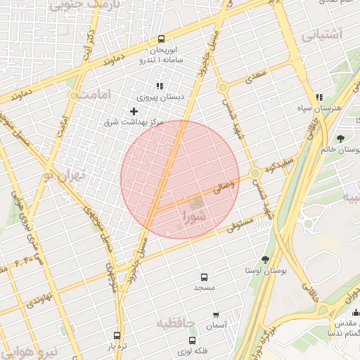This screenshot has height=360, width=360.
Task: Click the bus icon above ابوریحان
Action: (x=161, y=39)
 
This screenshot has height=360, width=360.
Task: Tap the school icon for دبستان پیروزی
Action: (x=160, y=86)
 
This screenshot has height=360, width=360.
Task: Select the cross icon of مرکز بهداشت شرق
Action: (x=134, y=111)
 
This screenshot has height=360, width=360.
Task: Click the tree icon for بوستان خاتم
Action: (x=340, y=139)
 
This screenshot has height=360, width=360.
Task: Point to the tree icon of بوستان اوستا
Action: (x=265, y=259)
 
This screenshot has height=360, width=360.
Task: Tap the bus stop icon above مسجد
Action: (x=205, y=277)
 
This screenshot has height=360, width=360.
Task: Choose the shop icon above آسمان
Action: (x=216, y=316)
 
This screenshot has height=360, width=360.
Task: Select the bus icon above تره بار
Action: (x=117, y=335)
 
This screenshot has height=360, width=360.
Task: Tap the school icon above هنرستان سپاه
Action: (x=319, y=97)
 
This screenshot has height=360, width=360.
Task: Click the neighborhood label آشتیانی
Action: (x=322, y=34)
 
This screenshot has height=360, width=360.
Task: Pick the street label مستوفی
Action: (x=239, y=225)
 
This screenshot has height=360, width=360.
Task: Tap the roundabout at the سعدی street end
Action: (x=223, y=88)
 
